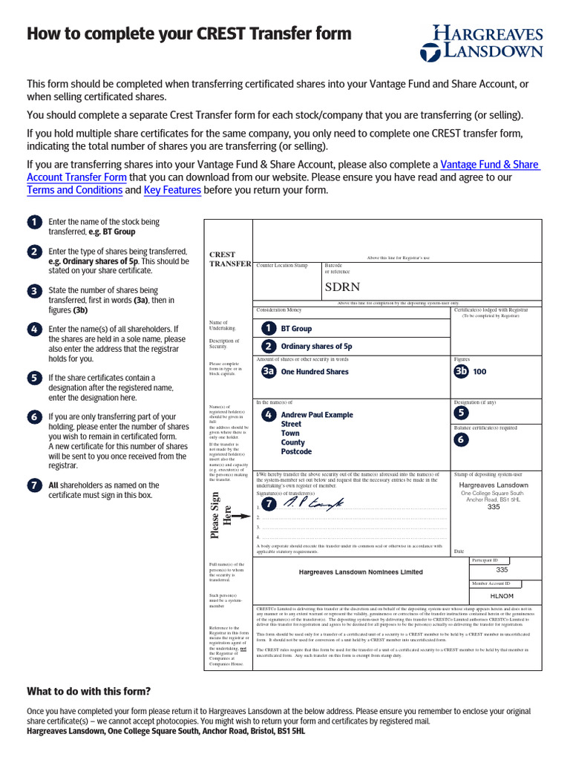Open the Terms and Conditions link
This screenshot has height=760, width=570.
[74, 190]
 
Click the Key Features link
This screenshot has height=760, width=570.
[172, 190]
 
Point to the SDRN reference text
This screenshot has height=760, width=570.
[342, 287]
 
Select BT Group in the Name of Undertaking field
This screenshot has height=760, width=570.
[296, 328]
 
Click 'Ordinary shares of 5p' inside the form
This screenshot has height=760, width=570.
[316, 347]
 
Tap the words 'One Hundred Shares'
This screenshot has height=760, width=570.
[315, 372]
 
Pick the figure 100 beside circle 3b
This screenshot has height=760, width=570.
[479, 372]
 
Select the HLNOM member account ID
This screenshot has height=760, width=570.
[502, 595]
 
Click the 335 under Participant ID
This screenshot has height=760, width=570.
[502, 570]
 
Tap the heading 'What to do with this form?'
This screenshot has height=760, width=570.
[88, 691]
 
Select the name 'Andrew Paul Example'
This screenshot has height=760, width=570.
[317, 415]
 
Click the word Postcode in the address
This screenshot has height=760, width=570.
[296, 451]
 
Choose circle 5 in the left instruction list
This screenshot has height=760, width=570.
[34, 378]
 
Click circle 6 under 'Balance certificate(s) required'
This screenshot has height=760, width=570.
[461, 439]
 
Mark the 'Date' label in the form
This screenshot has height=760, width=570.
[459, 551]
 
